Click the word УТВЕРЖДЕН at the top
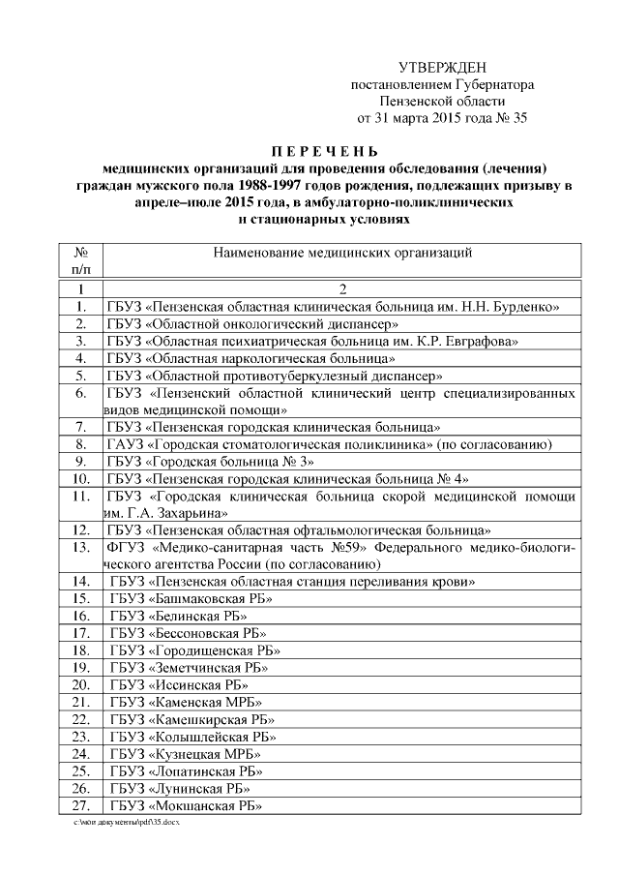[x=442, y=67]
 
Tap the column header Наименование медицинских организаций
[x=342, y=254]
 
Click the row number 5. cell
[x=82, y=376]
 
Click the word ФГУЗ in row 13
[x=127, y=548]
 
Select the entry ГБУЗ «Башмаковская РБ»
[x=192, y=599]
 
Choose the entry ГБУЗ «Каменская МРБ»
[x=187, y=702]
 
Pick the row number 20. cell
[x=82, y=684]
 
